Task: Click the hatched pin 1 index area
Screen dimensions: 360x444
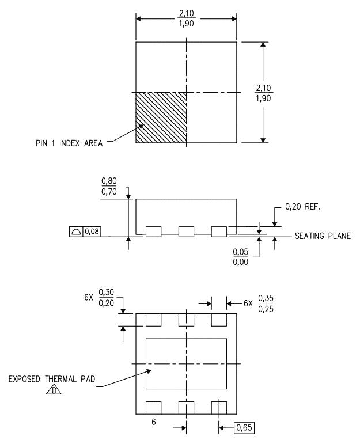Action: click(161, 117)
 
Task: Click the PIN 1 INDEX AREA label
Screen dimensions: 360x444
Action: click(69, 143)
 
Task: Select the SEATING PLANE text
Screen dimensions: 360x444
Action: click(323, 236)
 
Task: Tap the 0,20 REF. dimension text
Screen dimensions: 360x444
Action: click(302, 207)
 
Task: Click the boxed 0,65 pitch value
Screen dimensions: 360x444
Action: click(244, 427)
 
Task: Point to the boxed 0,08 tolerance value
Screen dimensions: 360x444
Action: click(92, 232)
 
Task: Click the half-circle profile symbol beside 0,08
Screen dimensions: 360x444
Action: click(76, 232)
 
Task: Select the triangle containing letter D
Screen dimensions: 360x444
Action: click(54, 390)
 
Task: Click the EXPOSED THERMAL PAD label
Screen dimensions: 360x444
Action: click(51, 379)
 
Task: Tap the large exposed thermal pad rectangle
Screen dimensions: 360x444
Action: click(186, 363)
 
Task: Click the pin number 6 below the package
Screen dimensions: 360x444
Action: click(154, 422)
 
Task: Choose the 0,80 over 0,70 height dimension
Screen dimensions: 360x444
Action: click(109, 187)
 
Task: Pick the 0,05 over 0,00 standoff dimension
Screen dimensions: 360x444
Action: click(240, 257)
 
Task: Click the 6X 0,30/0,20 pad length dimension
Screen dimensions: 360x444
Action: click(99, 298)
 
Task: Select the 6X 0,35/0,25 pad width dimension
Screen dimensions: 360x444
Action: click(259, 303)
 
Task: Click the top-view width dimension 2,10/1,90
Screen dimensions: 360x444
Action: click(187, 18)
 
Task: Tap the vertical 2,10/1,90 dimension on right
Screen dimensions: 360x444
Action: click(263, 93)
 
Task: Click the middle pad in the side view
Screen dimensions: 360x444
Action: click(186, 232)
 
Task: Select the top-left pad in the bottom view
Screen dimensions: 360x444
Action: click(154, 320)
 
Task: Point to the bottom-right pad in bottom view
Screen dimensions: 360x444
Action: click(219, 408)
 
